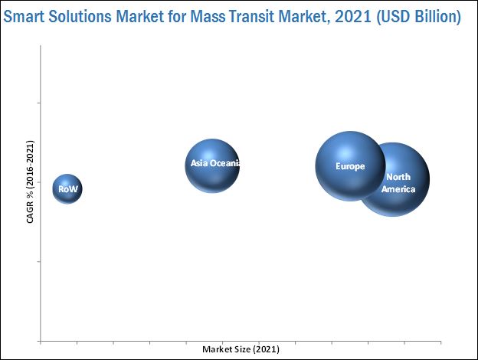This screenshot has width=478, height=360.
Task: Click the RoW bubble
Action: [67, 188]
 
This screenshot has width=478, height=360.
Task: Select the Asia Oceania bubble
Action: [212, 165]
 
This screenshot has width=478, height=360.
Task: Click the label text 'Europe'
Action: [350, 166]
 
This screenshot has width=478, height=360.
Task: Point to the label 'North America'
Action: [398, 183]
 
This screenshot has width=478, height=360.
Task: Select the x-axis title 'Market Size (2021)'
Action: [241, 349]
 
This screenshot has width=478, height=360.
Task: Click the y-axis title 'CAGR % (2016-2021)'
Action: [30, 182]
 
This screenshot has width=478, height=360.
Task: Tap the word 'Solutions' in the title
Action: [81, 16]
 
